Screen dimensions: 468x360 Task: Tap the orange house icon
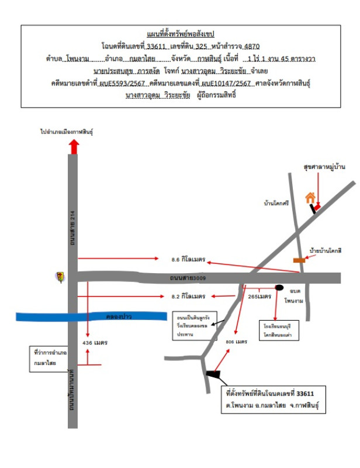click(311, 198)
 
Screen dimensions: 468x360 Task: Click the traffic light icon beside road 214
click(60, 277)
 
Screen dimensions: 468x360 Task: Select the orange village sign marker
click(299, 260)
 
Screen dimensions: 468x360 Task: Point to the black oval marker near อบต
click(280, 288)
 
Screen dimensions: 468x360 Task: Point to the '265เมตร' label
click(259, 297)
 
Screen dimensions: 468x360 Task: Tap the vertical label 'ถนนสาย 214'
click(73, 224)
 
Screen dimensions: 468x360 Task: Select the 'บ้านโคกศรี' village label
click(277, 204)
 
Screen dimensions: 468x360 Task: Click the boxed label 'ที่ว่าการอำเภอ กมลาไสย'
click(50, 358)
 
